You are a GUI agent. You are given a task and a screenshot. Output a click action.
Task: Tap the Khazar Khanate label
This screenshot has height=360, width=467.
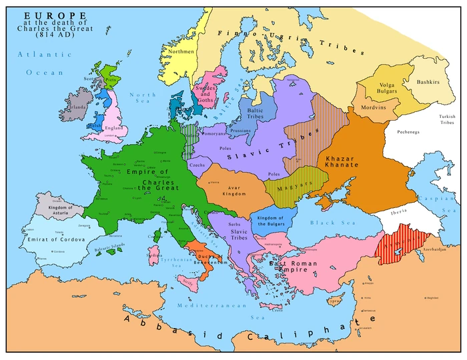[x=342, y=162]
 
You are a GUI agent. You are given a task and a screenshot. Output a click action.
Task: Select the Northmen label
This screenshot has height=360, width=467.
[x=181, y=51]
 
